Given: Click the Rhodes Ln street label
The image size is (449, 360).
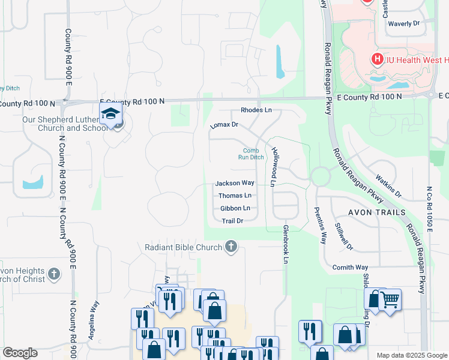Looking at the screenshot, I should [256, 110].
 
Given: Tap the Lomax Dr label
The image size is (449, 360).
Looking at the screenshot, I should [224, 125].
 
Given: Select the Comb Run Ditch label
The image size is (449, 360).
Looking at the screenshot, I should [251, 154].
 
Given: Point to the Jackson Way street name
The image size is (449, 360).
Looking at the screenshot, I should [235, 183].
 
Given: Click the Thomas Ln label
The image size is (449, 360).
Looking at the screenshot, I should [235, 196].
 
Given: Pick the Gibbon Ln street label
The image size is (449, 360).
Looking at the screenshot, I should [235, 208].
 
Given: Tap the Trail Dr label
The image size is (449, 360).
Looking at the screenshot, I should [232, 221].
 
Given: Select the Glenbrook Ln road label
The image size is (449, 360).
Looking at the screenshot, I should [286, 244].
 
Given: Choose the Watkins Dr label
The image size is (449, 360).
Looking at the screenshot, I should [388, 185].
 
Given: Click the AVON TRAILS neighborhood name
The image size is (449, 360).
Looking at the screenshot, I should [376, 212].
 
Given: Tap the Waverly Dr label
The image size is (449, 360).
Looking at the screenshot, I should [403, 23].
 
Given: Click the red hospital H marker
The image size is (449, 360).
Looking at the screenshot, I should [377, 59].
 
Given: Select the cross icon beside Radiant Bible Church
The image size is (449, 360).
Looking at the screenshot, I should [231, 246].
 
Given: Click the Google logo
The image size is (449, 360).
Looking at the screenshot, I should [20, 353].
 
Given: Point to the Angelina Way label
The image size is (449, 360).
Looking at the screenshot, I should [93, 320].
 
